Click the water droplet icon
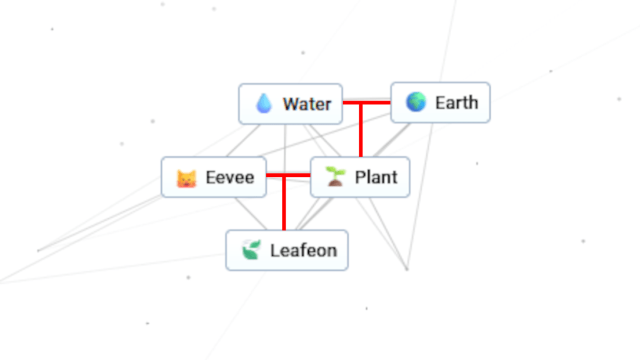tap(264, 104)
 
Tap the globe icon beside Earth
tap(416, 102)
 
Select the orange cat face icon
tap(186, 178)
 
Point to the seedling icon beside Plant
tap(336, 177)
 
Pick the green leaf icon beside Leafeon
tap(251, 251)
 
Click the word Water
tap(306, 104)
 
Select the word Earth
tap(456, 102)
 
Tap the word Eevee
tap(229, 177)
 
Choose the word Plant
tap(376, 177)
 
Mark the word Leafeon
tap(303, 251)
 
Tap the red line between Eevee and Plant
tap(297, 176)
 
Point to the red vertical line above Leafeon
tap(284, 206)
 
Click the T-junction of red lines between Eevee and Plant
tap(284, 176)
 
